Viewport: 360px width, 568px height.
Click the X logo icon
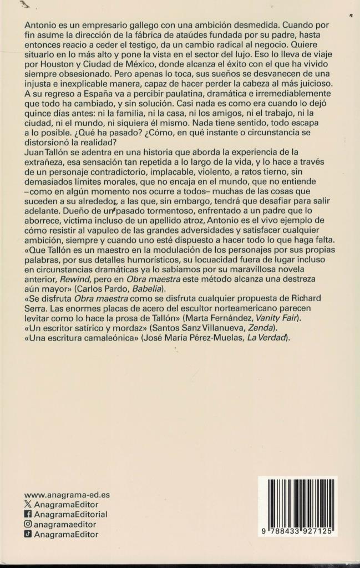click(x=28, y=504)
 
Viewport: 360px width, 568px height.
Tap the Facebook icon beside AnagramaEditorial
click(x=28, y=514)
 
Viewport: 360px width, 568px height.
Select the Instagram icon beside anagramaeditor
click(x=28, y=524)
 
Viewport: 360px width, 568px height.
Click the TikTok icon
click(x=28, y=534)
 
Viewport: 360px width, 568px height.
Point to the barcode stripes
click(x=299, y=503)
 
